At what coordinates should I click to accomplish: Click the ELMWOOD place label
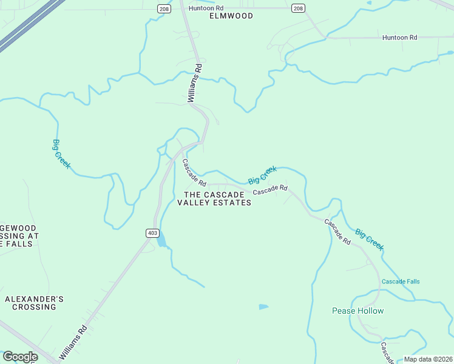(231, 16)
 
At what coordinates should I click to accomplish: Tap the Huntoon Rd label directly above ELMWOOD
(206, 8)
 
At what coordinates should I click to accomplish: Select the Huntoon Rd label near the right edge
(400, 38)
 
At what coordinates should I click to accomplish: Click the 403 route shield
(152, 232)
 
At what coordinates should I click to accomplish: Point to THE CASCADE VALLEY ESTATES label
(214, 198)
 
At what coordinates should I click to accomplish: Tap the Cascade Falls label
(401, 281)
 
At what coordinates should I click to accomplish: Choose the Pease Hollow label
(358, 311)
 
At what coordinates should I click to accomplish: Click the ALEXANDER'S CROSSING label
(34, 303)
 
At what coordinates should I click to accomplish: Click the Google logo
(19, 357)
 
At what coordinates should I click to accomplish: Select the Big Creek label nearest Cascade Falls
(369, 239)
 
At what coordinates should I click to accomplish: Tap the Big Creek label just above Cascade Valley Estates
(262, 175)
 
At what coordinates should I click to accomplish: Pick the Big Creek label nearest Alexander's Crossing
(61, 154)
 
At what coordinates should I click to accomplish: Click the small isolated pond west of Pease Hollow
(263, 307)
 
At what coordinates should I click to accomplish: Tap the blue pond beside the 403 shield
(161, 241)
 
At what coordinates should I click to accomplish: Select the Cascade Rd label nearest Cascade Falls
(337, 232)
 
